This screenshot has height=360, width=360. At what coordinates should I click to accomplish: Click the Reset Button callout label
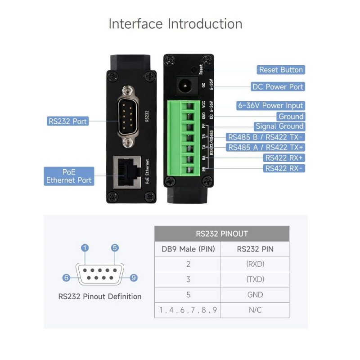[x=281, y=70]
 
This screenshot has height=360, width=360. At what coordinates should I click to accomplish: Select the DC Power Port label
[x=278, y=86]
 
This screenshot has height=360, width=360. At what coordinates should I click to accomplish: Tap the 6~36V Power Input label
[x=271, y=106]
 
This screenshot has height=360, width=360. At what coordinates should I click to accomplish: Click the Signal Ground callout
[x=279, y=126]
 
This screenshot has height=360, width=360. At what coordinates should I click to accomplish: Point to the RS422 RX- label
[x=284, y=168]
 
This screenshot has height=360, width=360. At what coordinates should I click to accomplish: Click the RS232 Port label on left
[x=67, y=121]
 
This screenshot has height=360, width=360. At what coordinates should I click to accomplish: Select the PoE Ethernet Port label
[x=69, y=176]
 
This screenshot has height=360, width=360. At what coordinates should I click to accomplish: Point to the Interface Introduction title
[x=175, y=24]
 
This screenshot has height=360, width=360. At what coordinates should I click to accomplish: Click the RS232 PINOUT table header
[x=222, y=234]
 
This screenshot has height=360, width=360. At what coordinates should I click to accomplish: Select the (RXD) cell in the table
[x=255, y=264]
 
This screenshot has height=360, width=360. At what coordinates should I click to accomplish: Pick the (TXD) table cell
[x=255, y=279]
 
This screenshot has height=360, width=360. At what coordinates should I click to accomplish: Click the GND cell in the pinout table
[x=255, y=295]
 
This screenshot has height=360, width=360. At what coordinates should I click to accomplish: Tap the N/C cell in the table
[x=255, y=310]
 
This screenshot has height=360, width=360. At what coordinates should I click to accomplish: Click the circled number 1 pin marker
[x=85, y=248]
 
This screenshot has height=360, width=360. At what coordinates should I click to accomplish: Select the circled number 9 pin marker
[x=133, y=278]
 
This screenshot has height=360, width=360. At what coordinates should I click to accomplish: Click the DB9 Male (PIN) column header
[x=188, y=249]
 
